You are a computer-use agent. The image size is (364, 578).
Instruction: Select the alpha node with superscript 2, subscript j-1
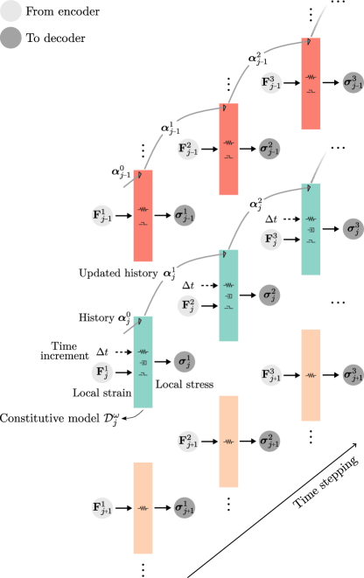(255, 59)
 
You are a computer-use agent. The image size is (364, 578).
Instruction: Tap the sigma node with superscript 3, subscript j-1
(353, 84)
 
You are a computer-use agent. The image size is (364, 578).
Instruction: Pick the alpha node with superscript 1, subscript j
(170, 274)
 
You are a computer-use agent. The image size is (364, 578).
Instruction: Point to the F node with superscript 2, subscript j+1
(188, 441)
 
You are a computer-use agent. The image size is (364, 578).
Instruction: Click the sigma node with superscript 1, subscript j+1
(184, 507)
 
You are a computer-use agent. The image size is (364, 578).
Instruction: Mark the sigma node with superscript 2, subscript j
(269, 295)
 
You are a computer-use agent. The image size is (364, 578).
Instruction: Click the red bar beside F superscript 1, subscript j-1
(143, 215)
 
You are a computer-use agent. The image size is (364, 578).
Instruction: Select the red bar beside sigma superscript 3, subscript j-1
(311, 84)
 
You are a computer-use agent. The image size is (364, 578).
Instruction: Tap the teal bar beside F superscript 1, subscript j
(143, 361)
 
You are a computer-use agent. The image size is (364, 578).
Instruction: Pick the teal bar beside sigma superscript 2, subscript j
(228, 295)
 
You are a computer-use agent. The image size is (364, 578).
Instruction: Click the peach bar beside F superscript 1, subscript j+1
(143, 507)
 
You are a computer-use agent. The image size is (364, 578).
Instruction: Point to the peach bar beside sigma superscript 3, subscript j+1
(311, 374)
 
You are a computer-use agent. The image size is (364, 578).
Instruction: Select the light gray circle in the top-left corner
(11, 11)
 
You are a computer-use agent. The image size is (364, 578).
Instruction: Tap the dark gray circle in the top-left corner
(11, 38)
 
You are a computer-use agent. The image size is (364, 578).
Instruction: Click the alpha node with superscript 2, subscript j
(255, 205)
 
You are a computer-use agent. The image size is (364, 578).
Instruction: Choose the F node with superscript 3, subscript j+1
(272, 374)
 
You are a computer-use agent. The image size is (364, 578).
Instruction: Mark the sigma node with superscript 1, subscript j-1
(184, 215)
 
